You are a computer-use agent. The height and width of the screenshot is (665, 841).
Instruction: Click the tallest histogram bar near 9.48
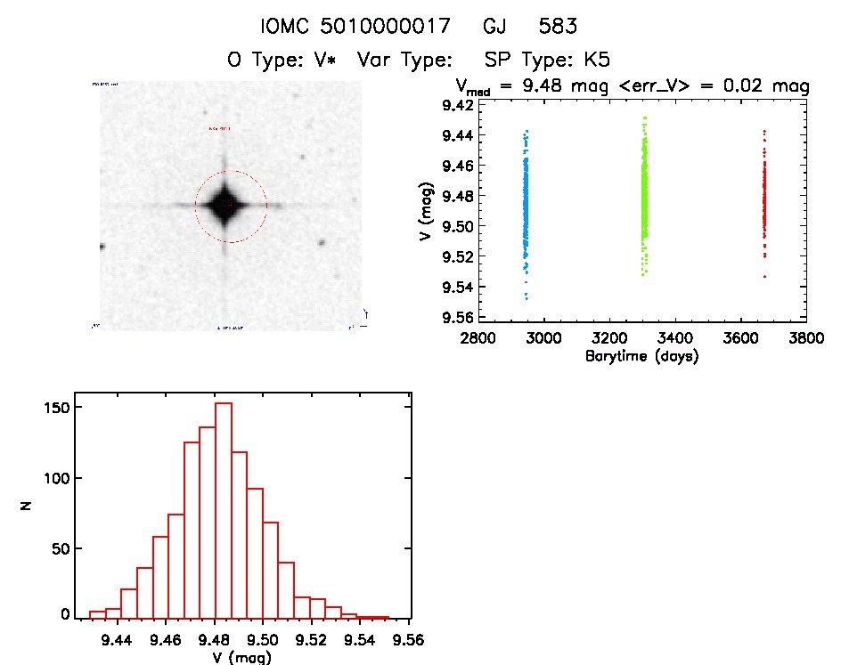click(224, 507)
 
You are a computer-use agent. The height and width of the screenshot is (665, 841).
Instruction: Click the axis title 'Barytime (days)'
click(641, 356)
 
